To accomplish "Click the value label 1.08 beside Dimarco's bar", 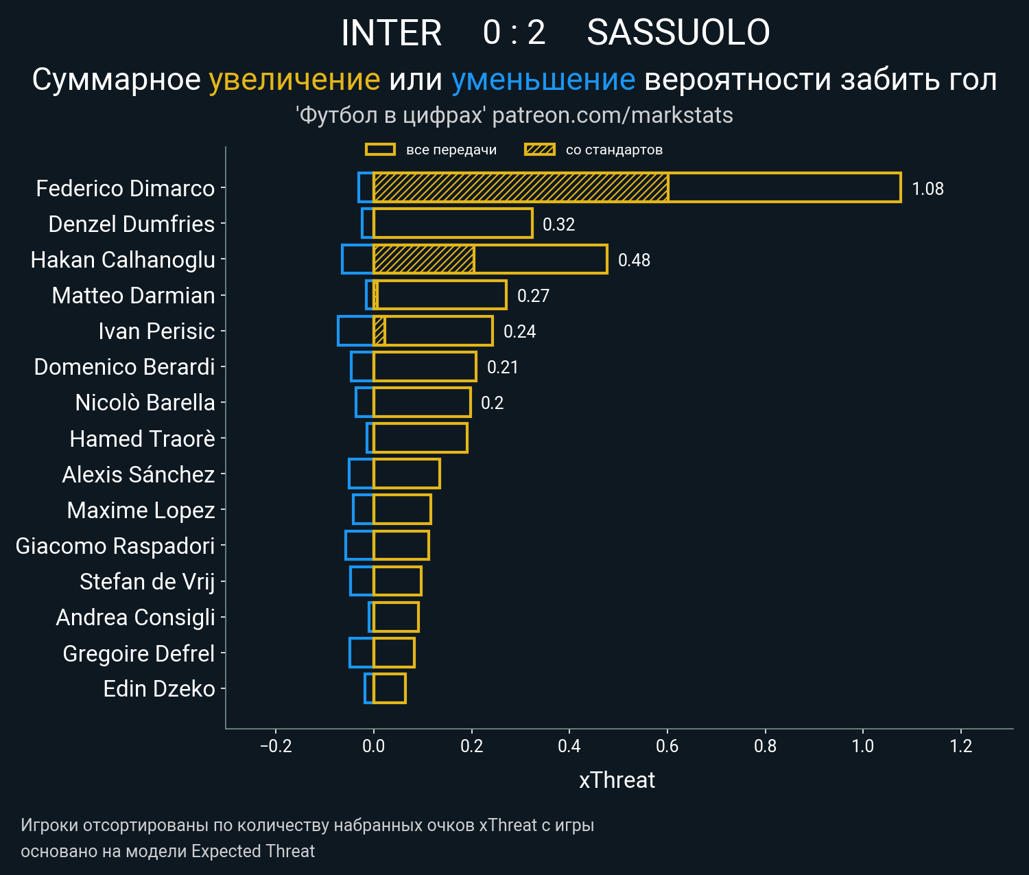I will pyautogui.click(x=927, y=189).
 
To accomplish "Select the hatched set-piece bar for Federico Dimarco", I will pyautogui.click(x=521, y=187).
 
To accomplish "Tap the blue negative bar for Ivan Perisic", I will pyautogui.click(x=355, y=331).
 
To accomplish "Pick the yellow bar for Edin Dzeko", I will pyautogui.click(x=390, y=688).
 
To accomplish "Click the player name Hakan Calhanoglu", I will pyautogui.click(x=123, y=260).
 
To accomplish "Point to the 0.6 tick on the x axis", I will pyautogui.click(x=667, y=746).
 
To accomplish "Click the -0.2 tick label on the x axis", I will pyautogui.click(x=276, y=746).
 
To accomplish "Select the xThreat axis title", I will pyautogui.click(x=617, y=780).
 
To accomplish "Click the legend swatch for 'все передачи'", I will pyautogui.click(x=380, y=150).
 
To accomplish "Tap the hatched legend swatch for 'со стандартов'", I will pyautogui.click(x=539, y=150).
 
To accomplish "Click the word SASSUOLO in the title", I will pyautogui.click(x=678, y=32).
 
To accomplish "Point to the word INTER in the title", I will pyautogui.click(x=391, y=32).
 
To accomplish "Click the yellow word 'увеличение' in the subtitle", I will pyautogui.click(x=294, y=80).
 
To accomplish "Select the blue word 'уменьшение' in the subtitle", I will pyautogui.click(x=543, y=80).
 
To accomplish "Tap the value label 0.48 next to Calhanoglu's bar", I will pyautogui.click(x=634, y=260).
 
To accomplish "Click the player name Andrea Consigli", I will pyautogui.click(x=135, y=617).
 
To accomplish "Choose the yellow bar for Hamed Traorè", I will pyautogui.click(x=421, y=438).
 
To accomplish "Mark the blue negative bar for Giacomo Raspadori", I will pyautogui.click(x=359, y=546).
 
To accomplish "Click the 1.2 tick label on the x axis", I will pyautogui.click(x=961, y=746).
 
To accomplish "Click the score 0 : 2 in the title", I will pyautogui.click(x=514, y=32).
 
